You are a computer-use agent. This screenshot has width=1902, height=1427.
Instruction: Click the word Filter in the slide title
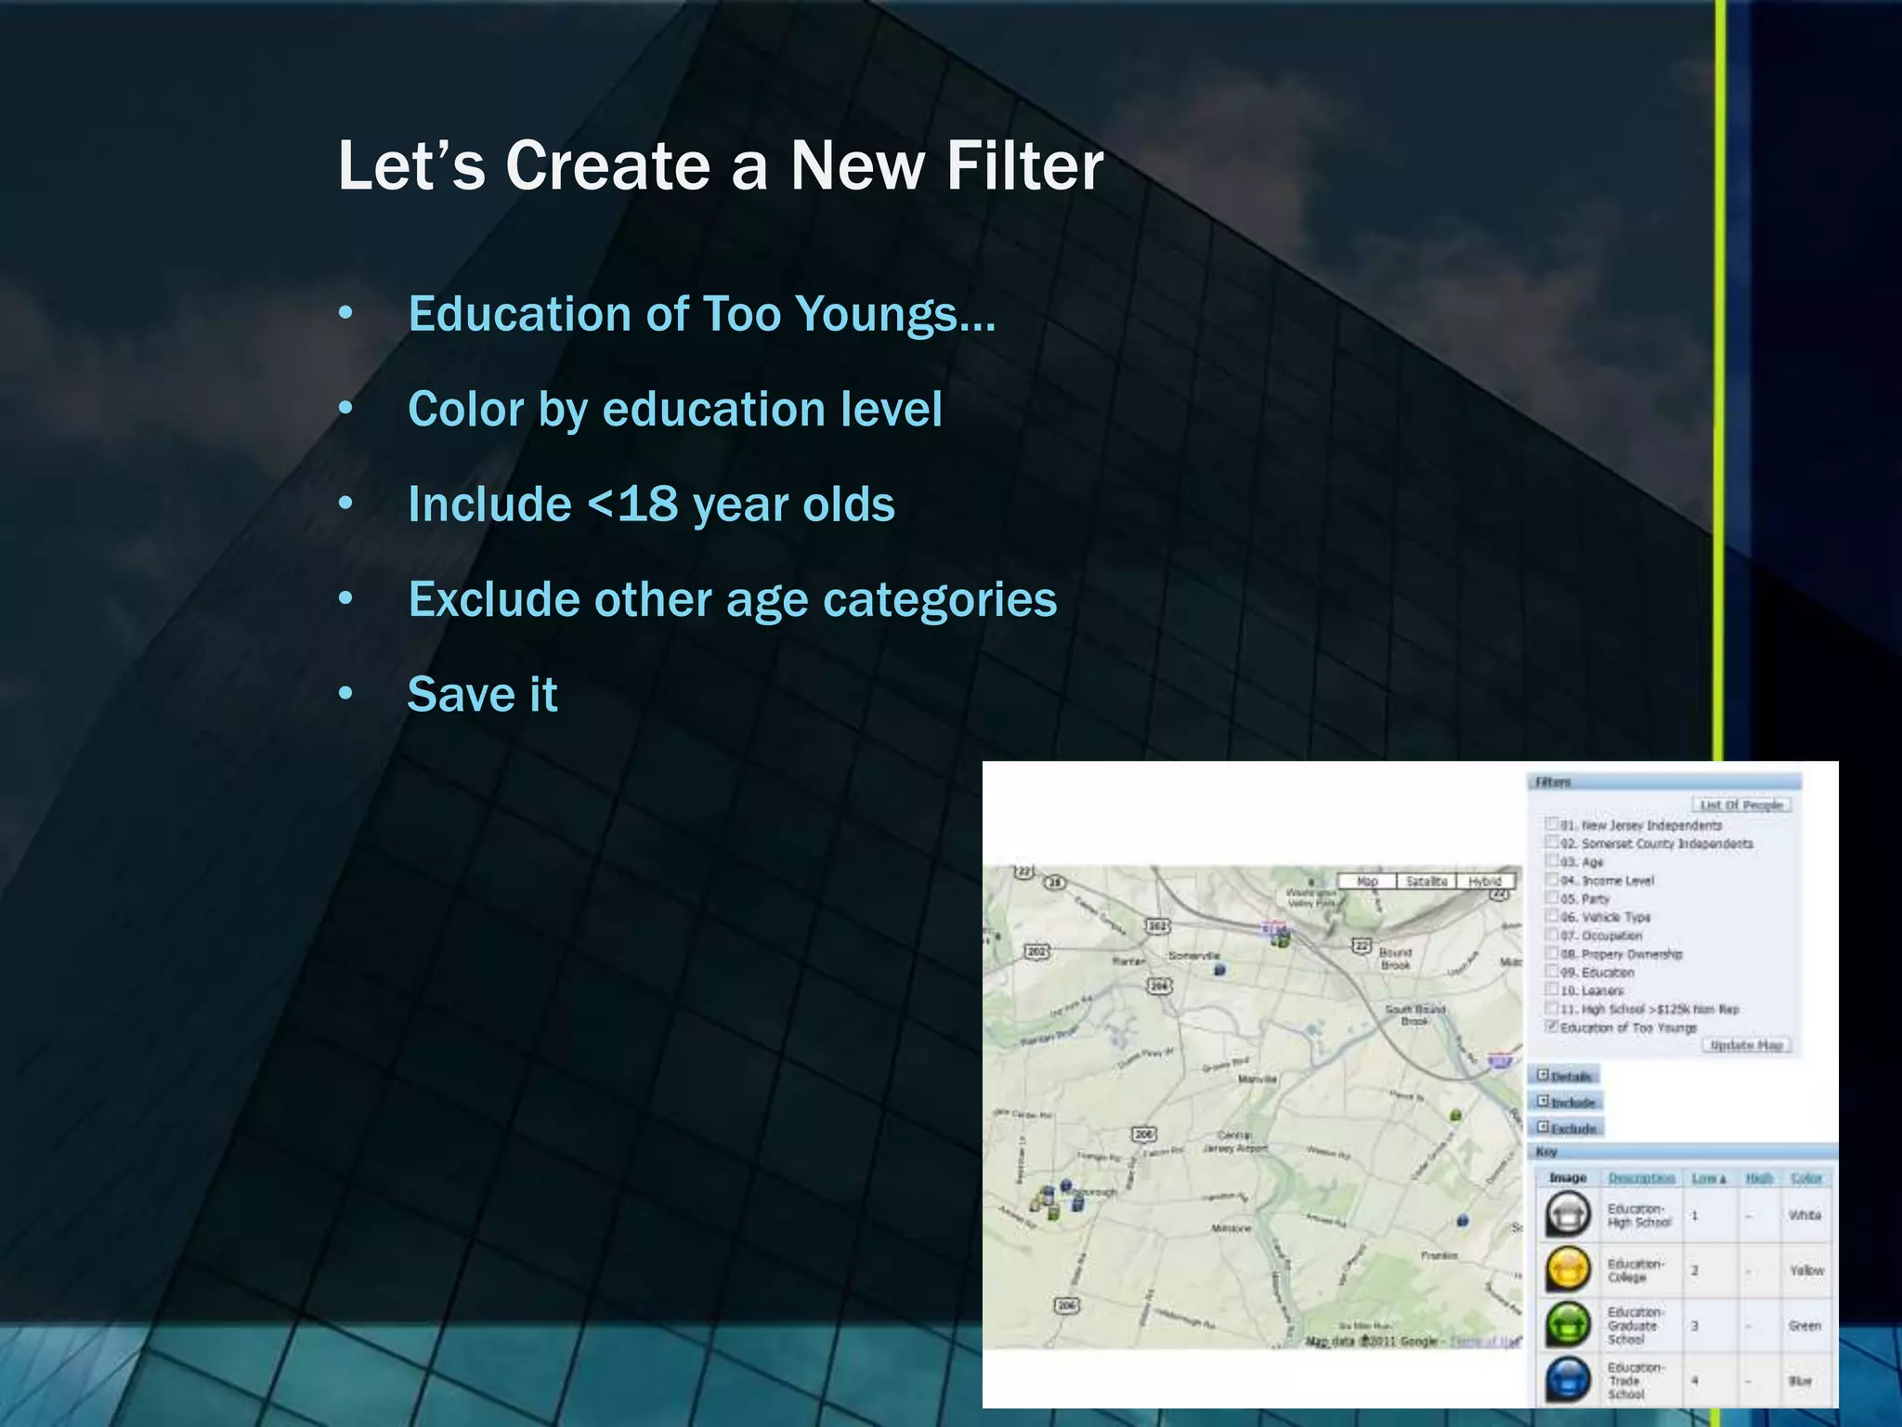pyautogui.click(x=1024, y=166)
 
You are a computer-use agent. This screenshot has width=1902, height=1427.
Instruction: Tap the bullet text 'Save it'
pyautogui.click(x=482, y=694)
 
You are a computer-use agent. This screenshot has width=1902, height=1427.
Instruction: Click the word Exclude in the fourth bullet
pyautogui.click(x=494, y=599)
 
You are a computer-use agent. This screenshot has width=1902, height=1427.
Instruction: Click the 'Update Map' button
pyautogui.click(x=1746, y=1045)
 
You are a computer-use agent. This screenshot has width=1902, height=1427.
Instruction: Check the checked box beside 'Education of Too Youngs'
pyautogui.click(x=1551, y=1027)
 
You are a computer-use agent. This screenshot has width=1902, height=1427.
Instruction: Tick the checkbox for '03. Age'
pyautogui.click(x=1551, y=861)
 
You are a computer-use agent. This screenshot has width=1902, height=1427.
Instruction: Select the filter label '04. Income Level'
pyautogui.click(x=1608, y=881)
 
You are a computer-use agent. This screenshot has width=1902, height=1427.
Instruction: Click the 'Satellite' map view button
pyautogui.click(x=1426, y=881)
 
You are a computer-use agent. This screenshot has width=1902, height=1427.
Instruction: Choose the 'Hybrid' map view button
pyautogui.click(x=1485, y=881)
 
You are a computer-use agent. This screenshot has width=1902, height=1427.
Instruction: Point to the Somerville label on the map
pyautogui.click(x=1193, y=955)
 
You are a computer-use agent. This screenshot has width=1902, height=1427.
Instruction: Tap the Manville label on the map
pyautogui.click(x=1257, y=1080)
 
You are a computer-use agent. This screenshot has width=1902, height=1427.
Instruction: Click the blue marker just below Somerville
pyautogui.click(x=1219, y=970)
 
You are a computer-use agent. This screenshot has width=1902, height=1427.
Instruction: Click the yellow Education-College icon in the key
pyautogui.click(x=1569, y=1270)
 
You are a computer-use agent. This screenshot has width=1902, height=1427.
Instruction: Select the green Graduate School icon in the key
pyautogui.click(x=1569, y=1325)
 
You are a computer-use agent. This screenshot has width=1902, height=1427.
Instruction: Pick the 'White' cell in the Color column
pyautogui.click(x=1804, y=1215)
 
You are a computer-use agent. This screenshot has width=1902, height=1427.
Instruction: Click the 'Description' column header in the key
pyautogui.click(x=1641, y=1178)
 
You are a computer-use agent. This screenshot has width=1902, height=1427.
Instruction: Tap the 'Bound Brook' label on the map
pyautogui.click(x=1395, y=959)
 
